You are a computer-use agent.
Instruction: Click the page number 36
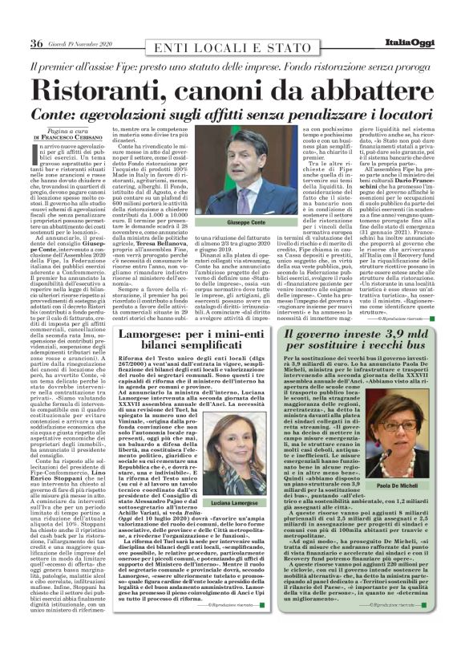click(36, 43)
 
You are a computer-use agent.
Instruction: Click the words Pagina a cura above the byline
click(59, 130)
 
